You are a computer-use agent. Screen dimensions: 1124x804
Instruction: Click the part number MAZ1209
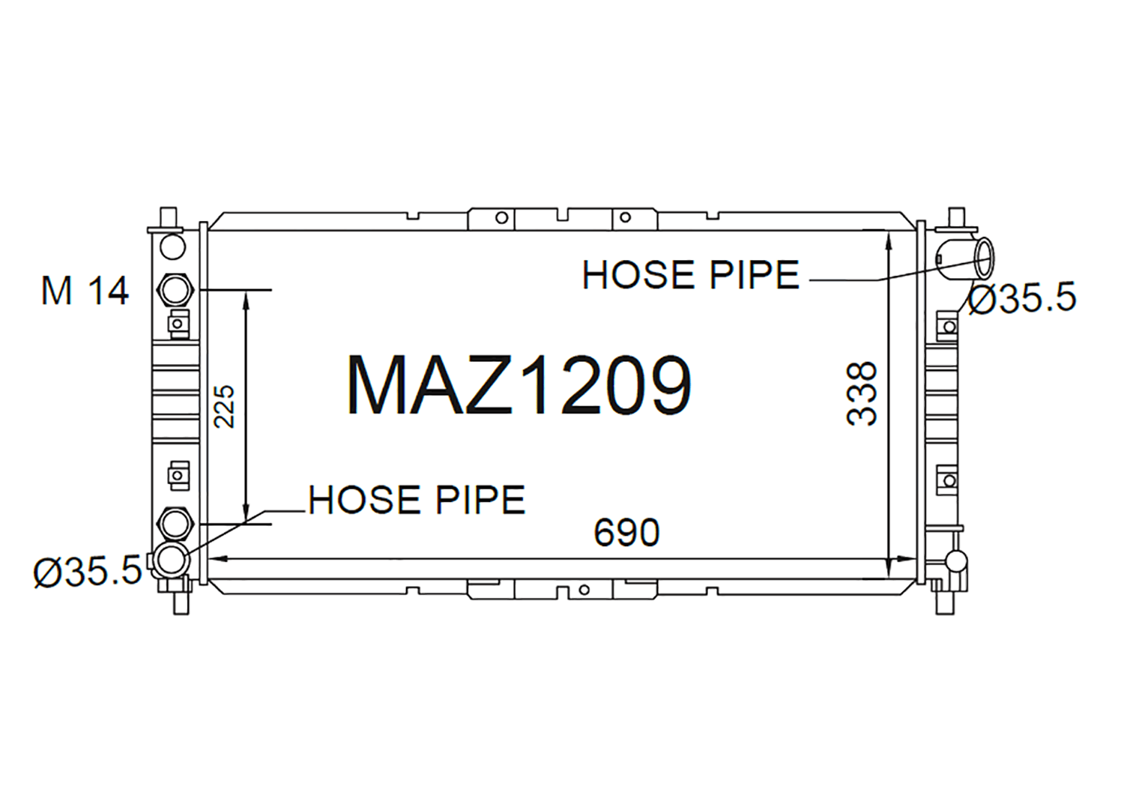519,385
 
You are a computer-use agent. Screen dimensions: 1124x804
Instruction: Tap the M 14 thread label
85,291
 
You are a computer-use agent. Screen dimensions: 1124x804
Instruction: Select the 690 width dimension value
626,533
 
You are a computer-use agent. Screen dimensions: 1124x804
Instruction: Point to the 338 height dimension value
861,394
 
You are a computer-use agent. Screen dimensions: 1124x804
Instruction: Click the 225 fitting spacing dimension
224,407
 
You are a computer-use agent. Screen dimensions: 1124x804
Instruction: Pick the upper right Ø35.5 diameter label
1022,297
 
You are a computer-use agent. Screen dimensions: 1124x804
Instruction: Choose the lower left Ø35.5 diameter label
88,572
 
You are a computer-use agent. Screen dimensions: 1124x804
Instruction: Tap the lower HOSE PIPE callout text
417,500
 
